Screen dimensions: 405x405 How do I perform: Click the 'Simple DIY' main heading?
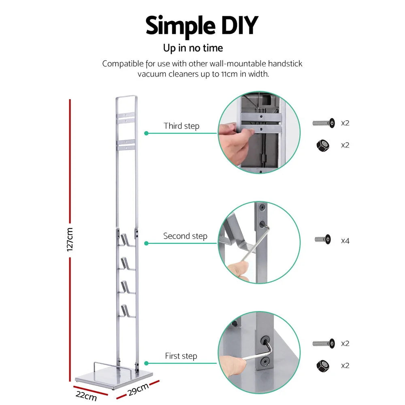(x=202, y=26)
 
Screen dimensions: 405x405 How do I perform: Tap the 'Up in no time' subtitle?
(x=193, y=48)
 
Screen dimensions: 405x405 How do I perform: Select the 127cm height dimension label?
(x=70, y=239)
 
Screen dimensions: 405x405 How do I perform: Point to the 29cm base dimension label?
(x=138, y=390)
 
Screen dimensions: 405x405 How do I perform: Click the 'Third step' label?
(x=181, y=126)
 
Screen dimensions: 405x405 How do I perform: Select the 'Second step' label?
(x=185, y=236)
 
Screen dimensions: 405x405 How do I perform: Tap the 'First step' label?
(x=181, y=356)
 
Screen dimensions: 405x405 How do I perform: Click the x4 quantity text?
(x=345, y=241)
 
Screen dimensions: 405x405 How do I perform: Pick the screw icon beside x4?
(x=323, y=239)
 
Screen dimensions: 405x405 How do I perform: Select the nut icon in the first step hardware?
(x=323, y=366)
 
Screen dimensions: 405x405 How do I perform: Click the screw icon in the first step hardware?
(x=324, y=343)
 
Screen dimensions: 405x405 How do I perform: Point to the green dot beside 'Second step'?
(x=146, y=243)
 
